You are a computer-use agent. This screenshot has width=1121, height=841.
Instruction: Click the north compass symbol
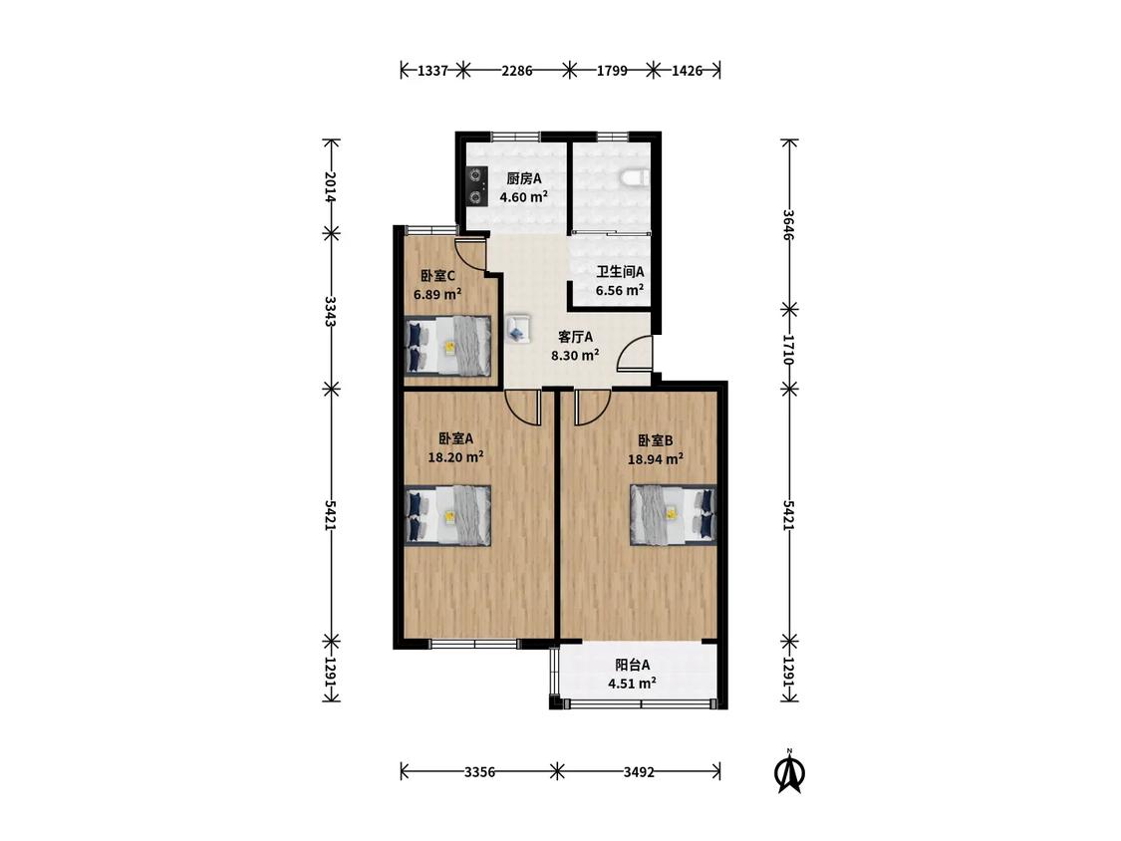pos(789,772)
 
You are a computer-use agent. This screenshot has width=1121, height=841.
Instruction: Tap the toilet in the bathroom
pos(635,176)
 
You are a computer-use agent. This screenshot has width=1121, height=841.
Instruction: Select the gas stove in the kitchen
pos(475,186)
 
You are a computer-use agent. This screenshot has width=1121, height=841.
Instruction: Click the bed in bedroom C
pos(448,346)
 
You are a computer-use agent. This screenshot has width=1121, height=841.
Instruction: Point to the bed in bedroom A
pos(448,515)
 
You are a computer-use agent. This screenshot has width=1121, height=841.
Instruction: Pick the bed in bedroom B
pos(673,515)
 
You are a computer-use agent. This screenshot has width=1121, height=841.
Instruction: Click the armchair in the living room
pos(517,329)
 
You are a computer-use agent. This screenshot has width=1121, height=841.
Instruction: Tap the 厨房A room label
pos(523,178)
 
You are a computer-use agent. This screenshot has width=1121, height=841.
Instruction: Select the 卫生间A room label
pos(620,272)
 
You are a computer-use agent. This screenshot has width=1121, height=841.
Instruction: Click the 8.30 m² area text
pos(574,355)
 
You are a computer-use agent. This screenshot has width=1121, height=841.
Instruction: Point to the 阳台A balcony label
pos(633,665)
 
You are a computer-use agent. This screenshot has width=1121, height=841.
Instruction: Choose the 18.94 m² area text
pos(655,459)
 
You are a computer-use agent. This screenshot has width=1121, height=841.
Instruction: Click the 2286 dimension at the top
pos(516,70)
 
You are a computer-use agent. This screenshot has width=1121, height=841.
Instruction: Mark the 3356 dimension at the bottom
pos(479,771)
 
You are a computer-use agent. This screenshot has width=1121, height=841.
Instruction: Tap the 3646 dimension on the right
pos(788,224)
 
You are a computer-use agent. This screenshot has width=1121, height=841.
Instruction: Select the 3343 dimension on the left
pos(330,311)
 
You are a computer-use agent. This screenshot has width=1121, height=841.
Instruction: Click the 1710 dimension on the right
pos(788,350)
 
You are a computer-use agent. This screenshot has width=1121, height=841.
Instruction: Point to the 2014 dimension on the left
pos(330,186)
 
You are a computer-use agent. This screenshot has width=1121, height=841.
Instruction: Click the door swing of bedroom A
pos(523,407)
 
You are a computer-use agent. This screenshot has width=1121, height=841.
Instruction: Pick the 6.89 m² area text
pos(437,294)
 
